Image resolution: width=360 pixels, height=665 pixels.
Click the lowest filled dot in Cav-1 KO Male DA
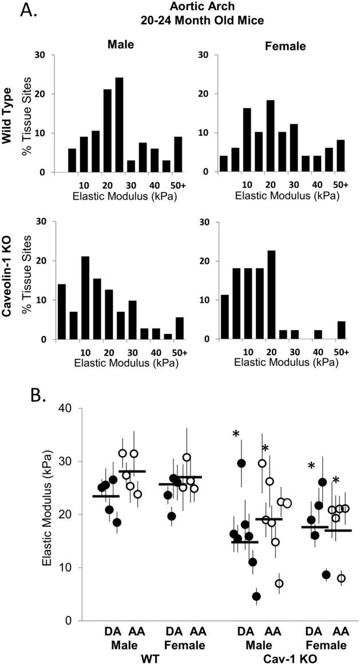click(x=256, y=596)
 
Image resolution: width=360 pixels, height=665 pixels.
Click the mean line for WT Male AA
click(x=132, y=471)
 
